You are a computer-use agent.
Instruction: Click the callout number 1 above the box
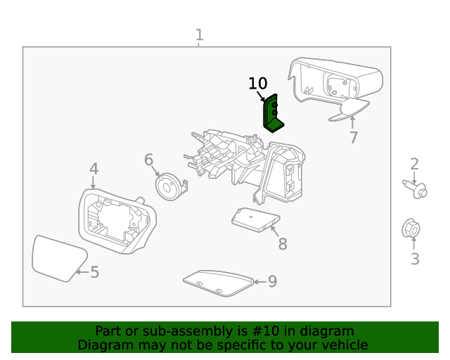(x=200, y=34)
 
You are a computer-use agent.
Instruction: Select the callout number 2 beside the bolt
(x=415, y=165)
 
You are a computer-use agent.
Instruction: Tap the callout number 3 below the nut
(x=415, y=259)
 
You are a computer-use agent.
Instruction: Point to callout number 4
(x=94, y=169)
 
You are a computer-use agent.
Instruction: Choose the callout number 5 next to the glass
(x=94, y=272)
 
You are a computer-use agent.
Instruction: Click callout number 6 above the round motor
(x=148, y=160)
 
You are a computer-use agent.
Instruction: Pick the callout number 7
(x=354, y=138)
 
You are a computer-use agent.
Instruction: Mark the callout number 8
(x=282, y=244)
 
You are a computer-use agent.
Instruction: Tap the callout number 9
(x=272, y=282)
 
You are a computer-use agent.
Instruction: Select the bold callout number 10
(x=258, y=84)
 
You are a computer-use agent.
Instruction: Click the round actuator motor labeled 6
(x=169, y=188)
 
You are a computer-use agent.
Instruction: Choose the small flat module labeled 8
(x=255, y=219)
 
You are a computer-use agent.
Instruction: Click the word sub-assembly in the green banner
(x=191, y=331)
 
